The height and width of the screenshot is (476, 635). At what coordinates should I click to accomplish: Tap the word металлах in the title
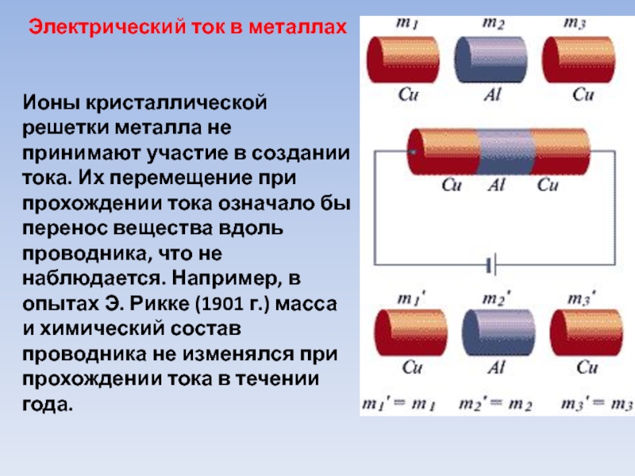click(x=298, y=27)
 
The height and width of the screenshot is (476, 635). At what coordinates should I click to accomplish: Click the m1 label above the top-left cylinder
click(x=406, y=23)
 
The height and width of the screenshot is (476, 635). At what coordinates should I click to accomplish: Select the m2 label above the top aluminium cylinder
click(x=493, y=23)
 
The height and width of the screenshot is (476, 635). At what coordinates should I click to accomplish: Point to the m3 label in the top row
click(x=575, y=23)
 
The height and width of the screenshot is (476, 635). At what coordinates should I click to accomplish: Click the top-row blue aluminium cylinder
click(x=491, y=60)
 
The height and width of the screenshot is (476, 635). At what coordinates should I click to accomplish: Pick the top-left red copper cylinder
click(x=403, y=60)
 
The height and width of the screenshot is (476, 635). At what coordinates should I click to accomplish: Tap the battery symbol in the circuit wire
click(x=491, y=265)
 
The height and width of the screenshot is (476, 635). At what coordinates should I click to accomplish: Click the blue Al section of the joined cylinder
click(x=505, y=152)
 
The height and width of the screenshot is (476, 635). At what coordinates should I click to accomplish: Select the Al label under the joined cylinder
click(x=497, y=185)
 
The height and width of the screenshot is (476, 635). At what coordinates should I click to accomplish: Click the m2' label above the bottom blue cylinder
click(x=497, y=299)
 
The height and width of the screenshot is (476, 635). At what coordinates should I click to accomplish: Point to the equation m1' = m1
click(x=398, y=404)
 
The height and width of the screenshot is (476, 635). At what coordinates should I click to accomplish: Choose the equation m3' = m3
click(x=597, y=404)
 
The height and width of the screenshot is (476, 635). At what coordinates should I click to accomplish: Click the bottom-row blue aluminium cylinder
click(x=498, y=332)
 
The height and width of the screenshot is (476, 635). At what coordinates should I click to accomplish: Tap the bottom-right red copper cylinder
click(x=587, y=332)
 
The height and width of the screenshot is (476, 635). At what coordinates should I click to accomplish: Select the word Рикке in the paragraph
click(x=160, y=304)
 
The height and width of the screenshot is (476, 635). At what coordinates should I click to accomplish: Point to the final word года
click(x=48, y=405)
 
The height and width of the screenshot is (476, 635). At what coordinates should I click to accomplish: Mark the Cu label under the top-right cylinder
click(x=583, y=94)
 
